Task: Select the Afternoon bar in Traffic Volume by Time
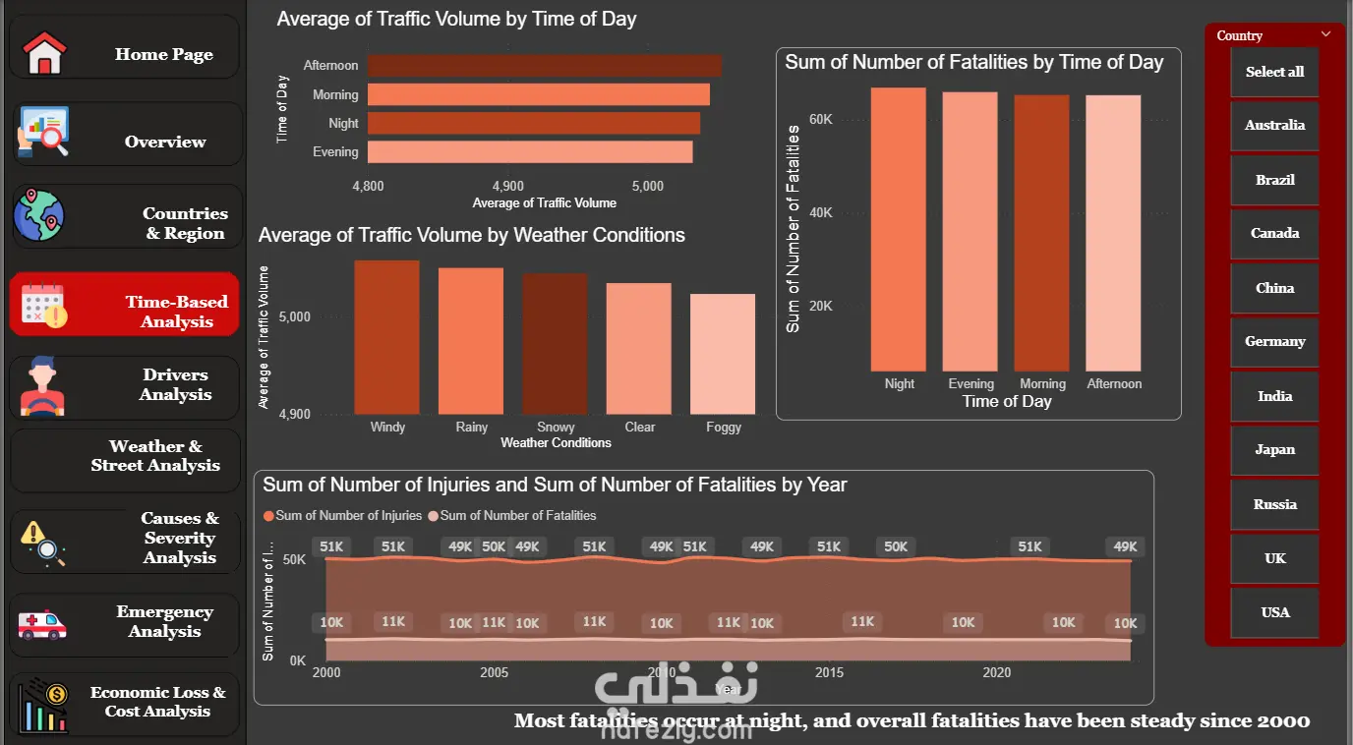[x=544, y=66]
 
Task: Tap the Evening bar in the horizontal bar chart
[x=530, y=152]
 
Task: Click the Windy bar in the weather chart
[x=386, y=337]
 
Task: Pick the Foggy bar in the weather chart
[x=723, y=354]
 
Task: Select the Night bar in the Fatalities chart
[x=899, y=229]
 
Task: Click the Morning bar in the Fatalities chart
[x=1042, y=233]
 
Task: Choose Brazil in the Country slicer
[x=1274, y=180]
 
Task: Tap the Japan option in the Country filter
[x=1274, y=449]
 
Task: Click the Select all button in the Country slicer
[x=1274, y=72]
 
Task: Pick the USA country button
[x=1274, y=612]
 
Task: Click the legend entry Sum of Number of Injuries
[x=343, y=515]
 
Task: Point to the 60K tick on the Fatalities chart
[x=820, y=119]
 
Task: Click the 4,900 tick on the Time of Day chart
[x=508, y=186]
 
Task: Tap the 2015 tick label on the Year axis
[x=829, y=673]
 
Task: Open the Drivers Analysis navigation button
[x=125, y=385]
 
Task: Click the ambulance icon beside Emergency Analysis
[x=42, y=624]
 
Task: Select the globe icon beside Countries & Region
[x=38, y=216]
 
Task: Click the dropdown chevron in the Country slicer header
[x=1325, y=34]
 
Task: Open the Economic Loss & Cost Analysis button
[x=125, y=702]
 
